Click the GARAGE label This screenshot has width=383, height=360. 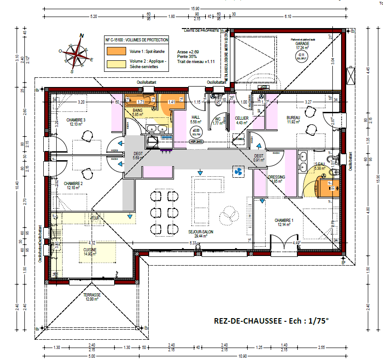(x=302, y=43)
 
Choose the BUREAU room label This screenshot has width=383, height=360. (x=294, y=118)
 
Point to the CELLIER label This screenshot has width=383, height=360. (x=242, y=118)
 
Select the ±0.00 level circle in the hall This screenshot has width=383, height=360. (x=197, y=132)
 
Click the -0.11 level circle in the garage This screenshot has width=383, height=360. (x=302, y=56)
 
